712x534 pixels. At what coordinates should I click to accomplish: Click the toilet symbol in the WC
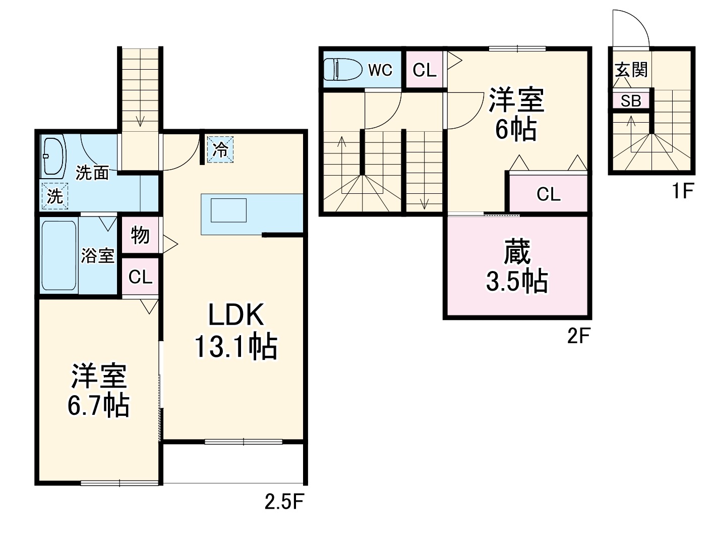342,69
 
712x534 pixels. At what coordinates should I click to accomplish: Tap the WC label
380,70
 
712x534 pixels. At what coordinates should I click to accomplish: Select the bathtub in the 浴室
58,255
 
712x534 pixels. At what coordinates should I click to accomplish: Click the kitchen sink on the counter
228,210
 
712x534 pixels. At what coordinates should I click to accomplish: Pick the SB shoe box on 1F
630,101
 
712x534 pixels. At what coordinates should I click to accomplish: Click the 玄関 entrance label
631,69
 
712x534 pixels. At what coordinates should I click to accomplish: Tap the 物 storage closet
140,235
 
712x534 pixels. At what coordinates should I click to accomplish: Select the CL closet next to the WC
424,70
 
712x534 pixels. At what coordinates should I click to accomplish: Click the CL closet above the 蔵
548,194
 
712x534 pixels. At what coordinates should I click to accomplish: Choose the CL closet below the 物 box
140,277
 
